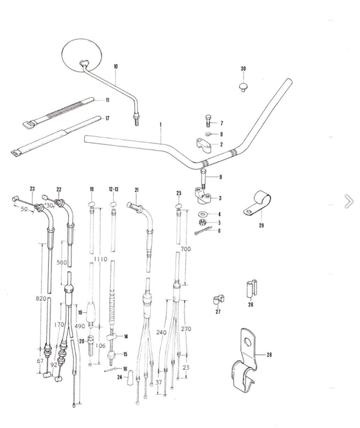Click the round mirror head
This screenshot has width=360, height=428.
click(x=82, y=56)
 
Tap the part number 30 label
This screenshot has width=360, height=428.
click(x=243, y=69)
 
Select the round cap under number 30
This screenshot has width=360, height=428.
click(x=243, y=87)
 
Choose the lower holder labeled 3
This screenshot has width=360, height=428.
click(x=203, y=196)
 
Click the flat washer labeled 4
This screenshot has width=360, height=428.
click(x=203, y=213)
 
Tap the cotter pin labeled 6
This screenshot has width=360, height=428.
click(x=203, y=230)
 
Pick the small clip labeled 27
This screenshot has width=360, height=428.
click(x=218, y=300)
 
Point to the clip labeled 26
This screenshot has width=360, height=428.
click(x=251, y=289)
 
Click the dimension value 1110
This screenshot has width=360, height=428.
click(x=100, y=259)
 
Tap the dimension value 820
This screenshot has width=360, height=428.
click(x=41, y=298)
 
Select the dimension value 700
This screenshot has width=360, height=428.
click(x=186, y=249)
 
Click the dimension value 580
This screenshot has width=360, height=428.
click(x=61, y=262)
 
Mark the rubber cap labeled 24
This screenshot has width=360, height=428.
click(x=130, y=377)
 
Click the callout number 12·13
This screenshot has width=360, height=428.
click(x=113, y=189)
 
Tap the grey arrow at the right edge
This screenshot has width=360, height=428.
click(x=349, y=202)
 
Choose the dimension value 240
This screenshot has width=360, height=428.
click(x=161, y=332)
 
